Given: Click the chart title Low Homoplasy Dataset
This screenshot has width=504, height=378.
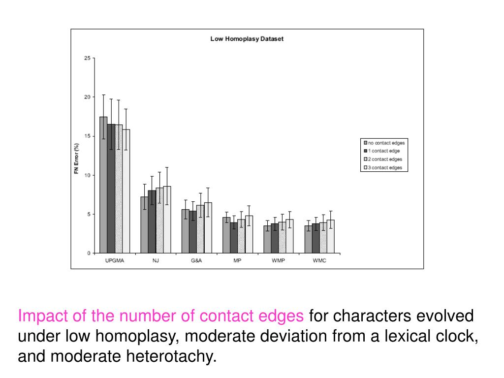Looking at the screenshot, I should point(247,39).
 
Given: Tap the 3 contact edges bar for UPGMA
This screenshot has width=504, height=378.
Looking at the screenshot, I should point(126,191).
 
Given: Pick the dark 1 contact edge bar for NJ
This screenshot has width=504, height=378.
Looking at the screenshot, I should point(152,222).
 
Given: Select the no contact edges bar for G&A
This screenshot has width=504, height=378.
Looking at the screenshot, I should point(186,231).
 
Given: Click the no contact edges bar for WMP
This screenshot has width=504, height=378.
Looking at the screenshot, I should point(267,239).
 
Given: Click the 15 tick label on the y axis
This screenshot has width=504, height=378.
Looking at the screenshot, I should point(88,136).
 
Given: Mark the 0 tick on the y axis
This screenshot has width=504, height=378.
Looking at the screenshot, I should point(89,253).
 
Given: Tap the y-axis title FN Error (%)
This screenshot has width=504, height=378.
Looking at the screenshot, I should point(76,156).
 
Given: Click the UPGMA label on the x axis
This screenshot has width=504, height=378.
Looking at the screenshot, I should point(115,261).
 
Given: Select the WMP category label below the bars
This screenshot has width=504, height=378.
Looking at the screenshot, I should point(278,261).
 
